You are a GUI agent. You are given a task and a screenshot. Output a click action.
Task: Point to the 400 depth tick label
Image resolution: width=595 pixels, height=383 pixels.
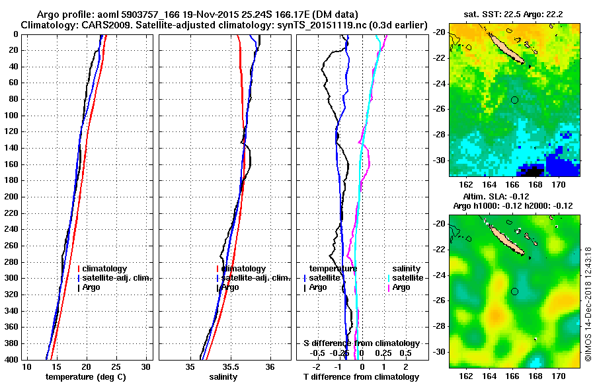[x=11, y=359]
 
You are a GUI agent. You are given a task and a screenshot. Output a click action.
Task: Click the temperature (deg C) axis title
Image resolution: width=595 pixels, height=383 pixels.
[x=85, y=377]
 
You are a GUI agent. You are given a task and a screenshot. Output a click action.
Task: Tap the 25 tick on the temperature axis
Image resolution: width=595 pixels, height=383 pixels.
[x=116, y=366]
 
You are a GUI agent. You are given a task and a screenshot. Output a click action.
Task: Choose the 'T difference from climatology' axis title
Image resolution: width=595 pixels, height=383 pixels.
[x=361, y=377]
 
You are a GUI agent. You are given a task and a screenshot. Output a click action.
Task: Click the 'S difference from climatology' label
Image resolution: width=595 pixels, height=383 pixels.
[x=361, y=343]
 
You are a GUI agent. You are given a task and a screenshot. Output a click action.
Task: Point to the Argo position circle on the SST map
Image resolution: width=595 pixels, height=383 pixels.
[x=514, y=100]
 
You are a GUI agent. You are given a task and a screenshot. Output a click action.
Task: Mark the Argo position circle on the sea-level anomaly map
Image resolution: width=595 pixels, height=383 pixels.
[x=514, y=291]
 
